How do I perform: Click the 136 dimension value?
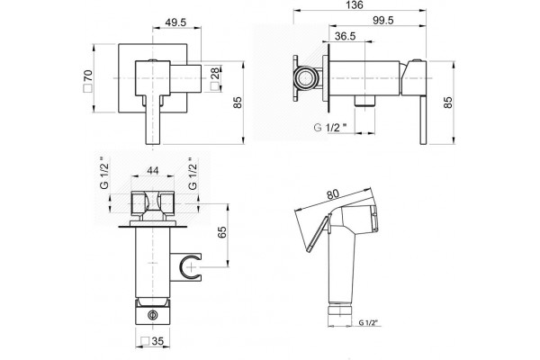[355, 5]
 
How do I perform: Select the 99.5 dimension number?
[383, 21]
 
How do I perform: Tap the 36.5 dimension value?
[345, 36]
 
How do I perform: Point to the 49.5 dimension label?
[175, 22]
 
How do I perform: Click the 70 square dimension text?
[88, 80]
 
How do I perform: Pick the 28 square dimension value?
[215, 79]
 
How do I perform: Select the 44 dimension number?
[153, 170]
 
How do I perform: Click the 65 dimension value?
[223, 232]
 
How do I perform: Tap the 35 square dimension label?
[153, 341]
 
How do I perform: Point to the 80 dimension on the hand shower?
[333, 194]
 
